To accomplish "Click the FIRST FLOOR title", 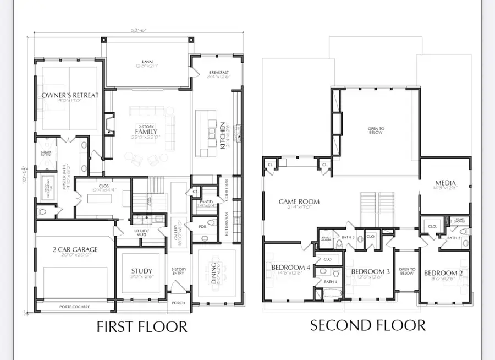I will pyautogui.click(x=142, y=326).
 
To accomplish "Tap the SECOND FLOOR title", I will pyautogui.click(x=367, y=325).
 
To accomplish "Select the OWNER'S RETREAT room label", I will pyautogui.click(x=70, y=95).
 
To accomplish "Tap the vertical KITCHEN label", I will pyautogui.click(x=223, y=135).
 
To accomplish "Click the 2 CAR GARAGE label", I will pyautogui.click(x=75, y=249).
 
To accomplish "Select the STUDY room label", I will pyautogui.click(x=141, y=271).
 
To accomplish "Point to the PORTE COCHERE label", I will pyautogui.click(x=74, y=307).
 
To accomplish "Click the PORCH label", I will pyautogui.click(x=178, y=303).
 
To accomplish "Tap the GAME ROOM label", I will pyautogui.click(x=299, y=202).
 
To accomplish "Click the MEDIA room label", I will pyautogui.click(x=446, y=183).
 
